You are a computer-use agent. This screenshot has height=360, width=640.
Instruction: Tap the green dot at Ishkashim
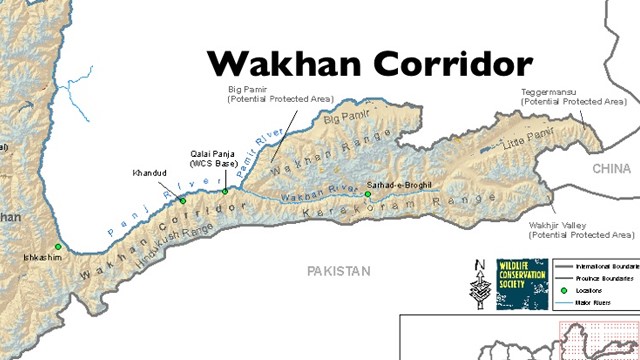pyautogui.click(x=58, y=246)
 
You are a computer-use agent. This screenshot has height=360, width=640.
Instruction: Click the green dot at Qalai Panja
pyautogui.click(x=226, y=191)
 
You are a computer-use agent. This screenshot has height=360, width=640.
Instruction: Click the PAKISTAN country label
pyautogui.click(x=338, y=270)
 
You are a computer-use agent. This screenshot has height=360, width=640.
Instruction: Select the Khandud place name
pyautogui.click(x=149, y=173)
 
